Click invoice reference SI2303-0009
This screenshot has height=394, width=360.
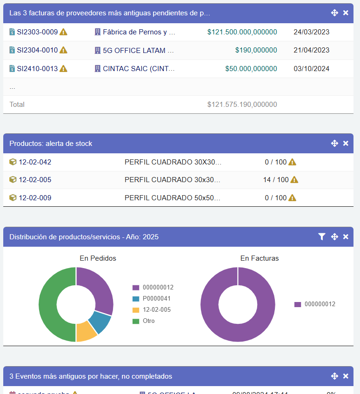coord(37,32)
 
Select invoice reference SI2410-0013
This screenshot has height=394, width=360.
coord(37,69)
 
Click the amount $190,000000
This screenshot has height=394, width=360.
coord(256,50)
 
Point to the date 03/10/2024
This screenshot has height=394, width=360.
coord(311,69)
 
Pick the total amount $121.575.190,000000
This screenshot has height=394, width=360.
coord(242,105)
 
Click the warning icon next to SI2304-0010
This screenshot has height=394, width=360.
coord(64,50)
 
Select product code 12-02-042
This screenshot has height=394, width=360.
coord(35,162)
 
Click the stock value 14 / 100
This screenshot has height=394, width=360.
coord(275,180)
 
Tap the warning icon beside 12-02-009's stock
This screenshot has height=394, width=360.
coord(292,197)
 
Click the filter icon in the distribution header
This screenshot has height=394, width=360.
coord(321,237)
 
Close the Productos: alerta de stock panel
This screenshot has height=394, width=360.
coord(346,144)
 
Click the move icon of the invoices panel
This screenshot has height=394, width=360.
coord(334,13)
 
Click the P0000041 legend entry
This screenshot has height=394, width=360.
coord(156,299)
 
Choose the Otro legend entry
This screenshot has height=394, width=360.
coord(148,321)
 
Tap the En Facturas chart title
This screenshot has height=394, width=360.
coord(260,258)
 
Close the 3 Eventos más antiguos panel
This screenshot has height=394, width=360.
coord(346,376)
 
